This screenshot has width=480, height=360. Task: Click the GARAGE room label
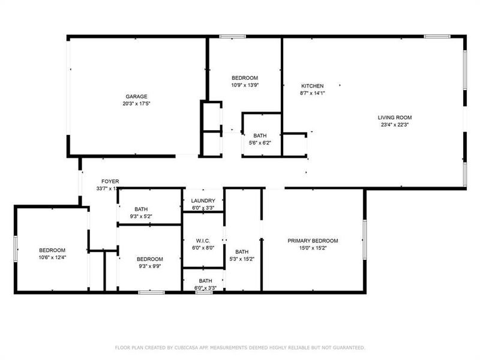(x=136, y=97)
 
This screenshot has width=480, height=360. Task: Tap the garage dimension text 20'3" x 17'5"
(x=136, y=104)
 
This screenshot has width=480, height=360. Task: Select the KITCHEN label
(x=312, y=86)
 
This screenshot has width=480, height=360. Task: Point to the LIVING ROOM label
(x=395, y=118)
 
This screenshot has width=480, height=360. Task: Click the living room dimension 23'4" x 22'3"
(x=395, y=125)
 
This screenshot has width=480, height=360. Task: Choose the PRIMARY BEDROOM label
(x=313, y=241)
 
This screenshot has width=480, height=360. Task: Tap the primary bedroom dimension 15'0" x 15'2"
(x=313, y=248)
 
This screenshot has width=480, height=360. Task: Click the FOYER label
(x=110, y=181)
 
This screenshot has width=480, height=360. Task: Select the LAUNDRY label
(x=203, y=201)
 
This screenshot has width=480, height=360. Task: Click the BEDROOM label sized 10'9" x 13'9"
(x=245, y=78)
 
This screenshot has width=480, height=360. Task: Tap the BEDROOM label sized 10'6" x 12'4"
(x=52, y=250)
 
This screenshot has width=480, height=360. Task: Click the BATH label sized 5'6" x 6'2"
(x=260, y=136)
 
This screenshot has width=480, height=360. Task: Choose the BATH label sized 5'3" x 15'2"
(x=242, y=252)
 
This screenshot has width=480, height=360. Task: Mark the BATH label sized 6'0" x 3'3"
(x=205, y=281)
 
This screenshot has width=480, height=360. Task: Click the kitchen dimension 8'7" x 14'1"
(x=312, y=93)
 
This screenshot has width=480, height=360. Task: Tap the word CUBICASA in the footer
(x=190, y=347)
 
